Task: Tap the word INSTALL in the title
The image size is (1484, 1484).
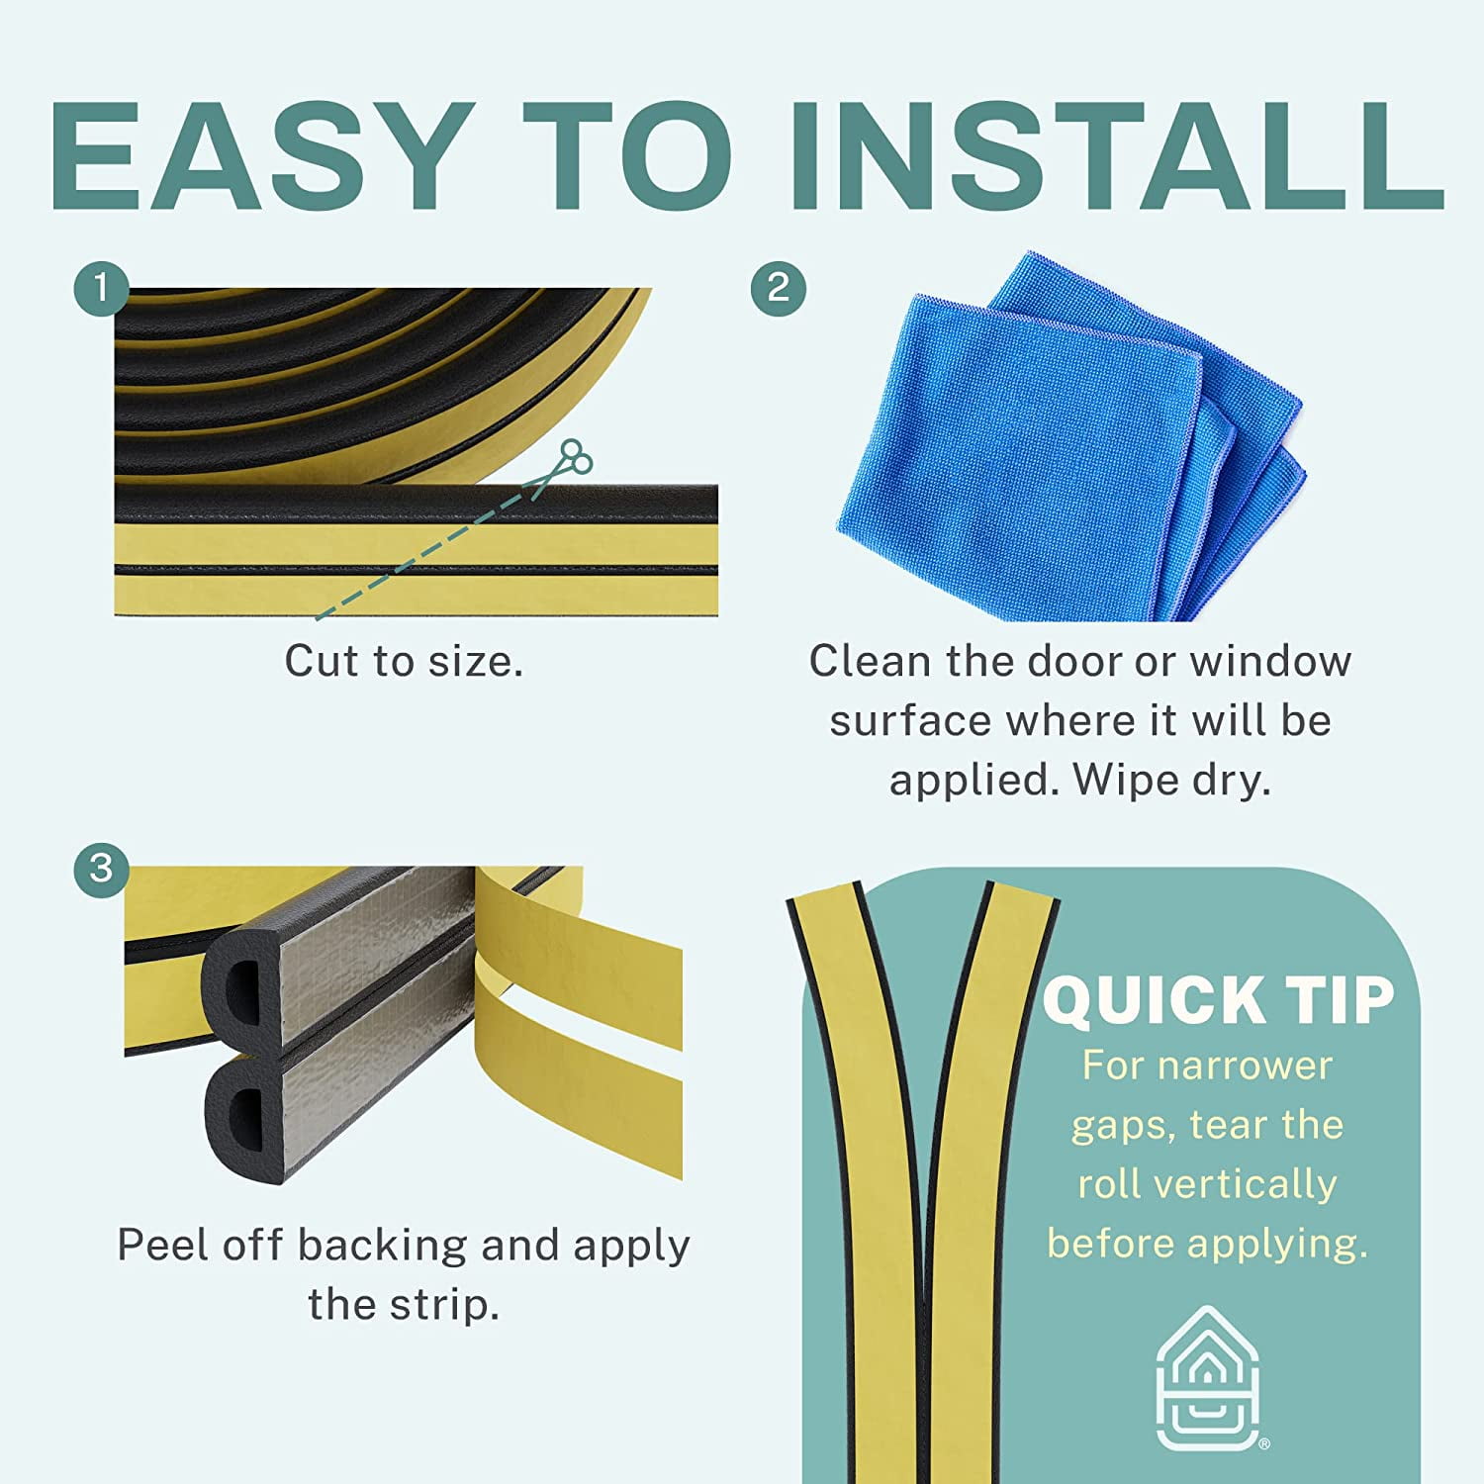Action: point(1118,156)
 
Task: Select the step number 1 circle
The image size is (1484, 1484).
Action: point(101,289)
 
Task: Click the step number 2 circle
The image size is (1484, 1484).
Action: point(779,289)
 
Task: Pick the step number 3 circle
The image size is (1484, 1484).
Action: point(101,870)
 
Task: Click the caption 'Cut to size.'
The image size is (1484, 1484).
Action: point(404,661)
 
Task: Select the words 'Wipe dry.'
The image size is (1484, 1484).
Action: point(1171,781)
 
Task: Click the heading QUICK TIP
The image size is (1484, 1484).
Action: point(1219,999)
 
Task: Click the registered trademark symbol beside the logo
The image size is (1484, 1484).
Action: point(1263,1444)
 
